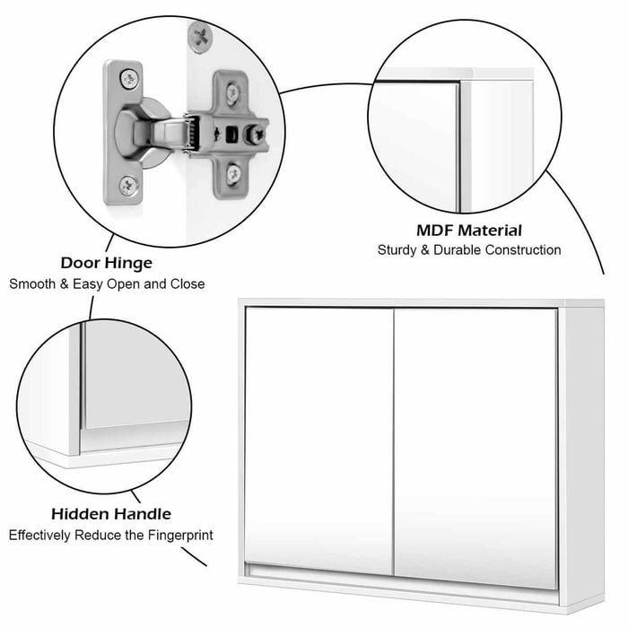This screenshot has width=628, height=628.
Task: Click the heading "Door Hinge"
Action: tap(107, 263)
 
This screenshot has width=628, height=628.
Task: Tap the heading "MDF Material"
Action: tap(469, 231)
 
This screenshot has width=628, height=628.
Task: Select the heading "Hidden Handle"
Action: tap(111, 514)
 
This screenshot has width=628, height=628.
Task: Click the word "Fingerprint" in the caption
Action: tap(180, 535)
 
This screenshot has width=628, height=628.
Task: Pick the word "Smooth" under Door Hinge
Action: tap(32, 284)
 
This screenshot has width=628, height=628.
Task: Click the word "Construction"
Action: tap(523, 250)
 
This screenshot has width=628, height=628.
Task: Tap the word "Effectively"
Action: tap(39, 535)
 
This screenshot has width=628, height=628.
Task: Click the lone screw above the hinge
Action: tap(200, 38)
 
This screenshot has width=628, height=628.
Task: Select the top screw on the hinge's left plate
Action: tap(129, 79)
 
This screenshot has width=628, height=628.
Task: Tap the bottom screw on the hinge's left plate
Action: tap(129, 185)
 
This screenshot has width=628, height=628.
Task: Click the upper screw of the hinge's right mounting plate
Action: tap(233, 92)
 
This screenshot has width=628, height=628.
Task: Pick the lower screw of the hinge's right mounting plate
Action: tap(233, 174)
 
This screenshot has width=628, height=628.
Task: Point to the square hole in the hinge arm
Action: tap(231, 135)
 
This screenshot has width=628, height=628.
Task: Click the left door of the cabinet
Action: tap(319, 441)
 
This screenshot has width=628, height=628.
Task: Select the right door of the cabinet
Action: tap(476, 448)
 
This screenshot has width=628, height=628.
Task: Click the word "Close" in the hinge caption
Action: tap(188, 284)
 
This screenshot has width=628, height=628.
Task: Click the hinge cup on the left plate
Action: tap(141, 133)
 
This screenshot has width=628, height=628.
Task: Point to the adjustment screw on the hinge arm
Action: tap(255, 135)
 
